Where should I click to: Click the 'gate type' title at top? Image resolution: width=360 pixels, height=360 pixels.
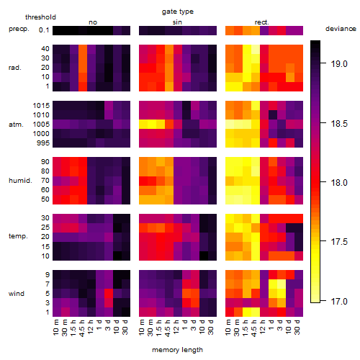[x=178, y=12]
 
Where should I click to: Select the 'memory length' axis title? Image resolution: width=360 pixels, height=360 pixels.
[x=177, y=350]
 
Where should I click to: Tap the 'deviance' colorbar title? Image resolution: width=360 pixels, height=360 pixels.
[x=341, y=29]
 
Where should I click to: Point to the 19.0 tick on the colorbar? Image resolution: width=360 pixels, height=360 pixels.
[x=339, y=64]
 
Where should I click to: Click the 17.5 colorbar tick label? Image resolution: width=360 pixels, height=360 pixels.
[x=339, y=242]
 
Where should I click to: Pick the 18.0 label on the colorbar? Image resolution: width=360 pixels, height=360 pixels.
[x=339, y=183]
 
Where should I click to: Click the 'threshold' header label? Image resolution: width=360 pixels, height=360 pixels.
[x=40, y=17]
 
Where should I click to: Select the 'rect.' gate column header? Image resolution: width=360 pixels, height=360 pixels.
[x=262, y=22]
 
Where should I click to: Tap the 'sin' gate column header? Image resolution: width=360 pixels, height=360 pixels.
[x=177, y=22]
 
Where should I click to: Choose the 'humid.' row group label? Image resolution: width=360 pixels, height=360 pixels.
[x=20, y=181]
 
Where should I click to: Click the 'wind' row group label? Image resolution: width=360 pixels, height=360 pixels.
[x=17, y=294]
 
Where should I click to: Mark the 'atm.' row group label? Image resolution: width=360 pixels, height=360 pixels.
[x=16, y=125]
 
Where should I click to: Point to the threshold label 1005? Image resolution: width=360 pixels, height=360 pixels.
[x=41, y=125]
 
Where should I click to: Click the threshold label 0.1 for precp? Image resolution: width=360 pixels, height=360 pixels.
[x=44, y=30]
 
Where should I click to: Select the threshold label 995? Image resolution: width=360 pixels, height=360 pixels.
[x=43, y=143]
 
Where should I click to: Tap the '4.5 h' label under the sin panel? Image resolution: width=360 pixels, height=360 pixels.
[x=168, y=328]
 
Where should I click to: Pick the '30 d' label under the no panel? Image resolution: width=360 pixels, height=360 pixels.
[x=125, y=327]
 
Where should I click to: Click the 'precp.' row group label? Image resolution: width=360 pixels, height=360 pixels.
[x=19, y=30]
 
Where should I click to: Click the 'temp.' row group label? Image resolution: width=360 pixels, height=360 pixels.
[x=18, y=236]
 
